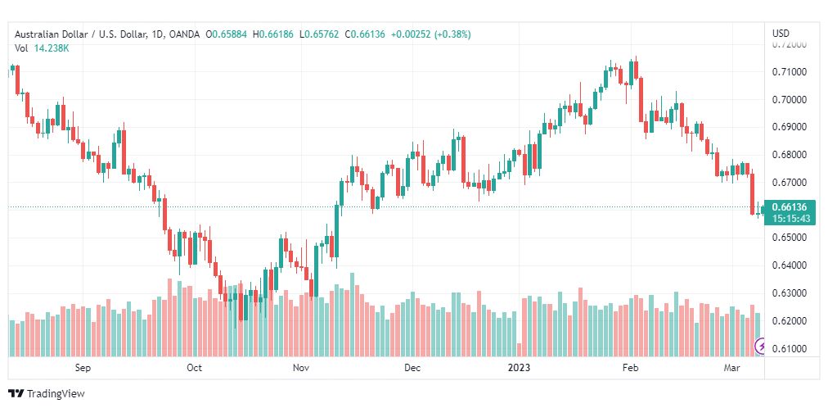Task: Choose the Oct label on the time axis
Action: (x=194, y=368)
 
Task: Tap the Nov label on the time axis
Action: (x=301, y=368)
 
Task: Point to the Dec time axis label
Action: (x=412, y=368)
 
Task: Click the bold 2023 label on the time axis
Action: (x=519, y=368)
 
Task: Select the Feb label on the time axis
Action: (x=630, y=368)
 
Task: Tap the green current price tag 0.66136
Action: (x=790, y=207)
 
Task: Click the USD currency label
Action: (x=781, y=34)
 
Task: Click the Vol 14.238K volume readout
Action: (x=42, y=48)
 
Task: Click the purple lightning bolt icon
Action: (x=760, y=347)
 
